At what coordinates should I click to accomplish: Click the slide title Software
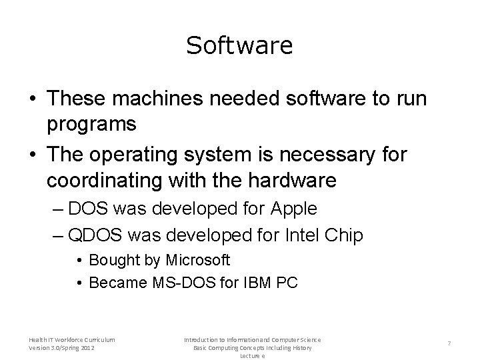coord(239,45)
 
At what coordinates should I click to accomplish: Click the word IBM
coord(252,283)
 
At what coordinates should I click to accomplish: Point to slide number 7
coord(449,343)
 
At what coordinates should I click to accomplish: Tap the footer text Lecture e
coord(253,356)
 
